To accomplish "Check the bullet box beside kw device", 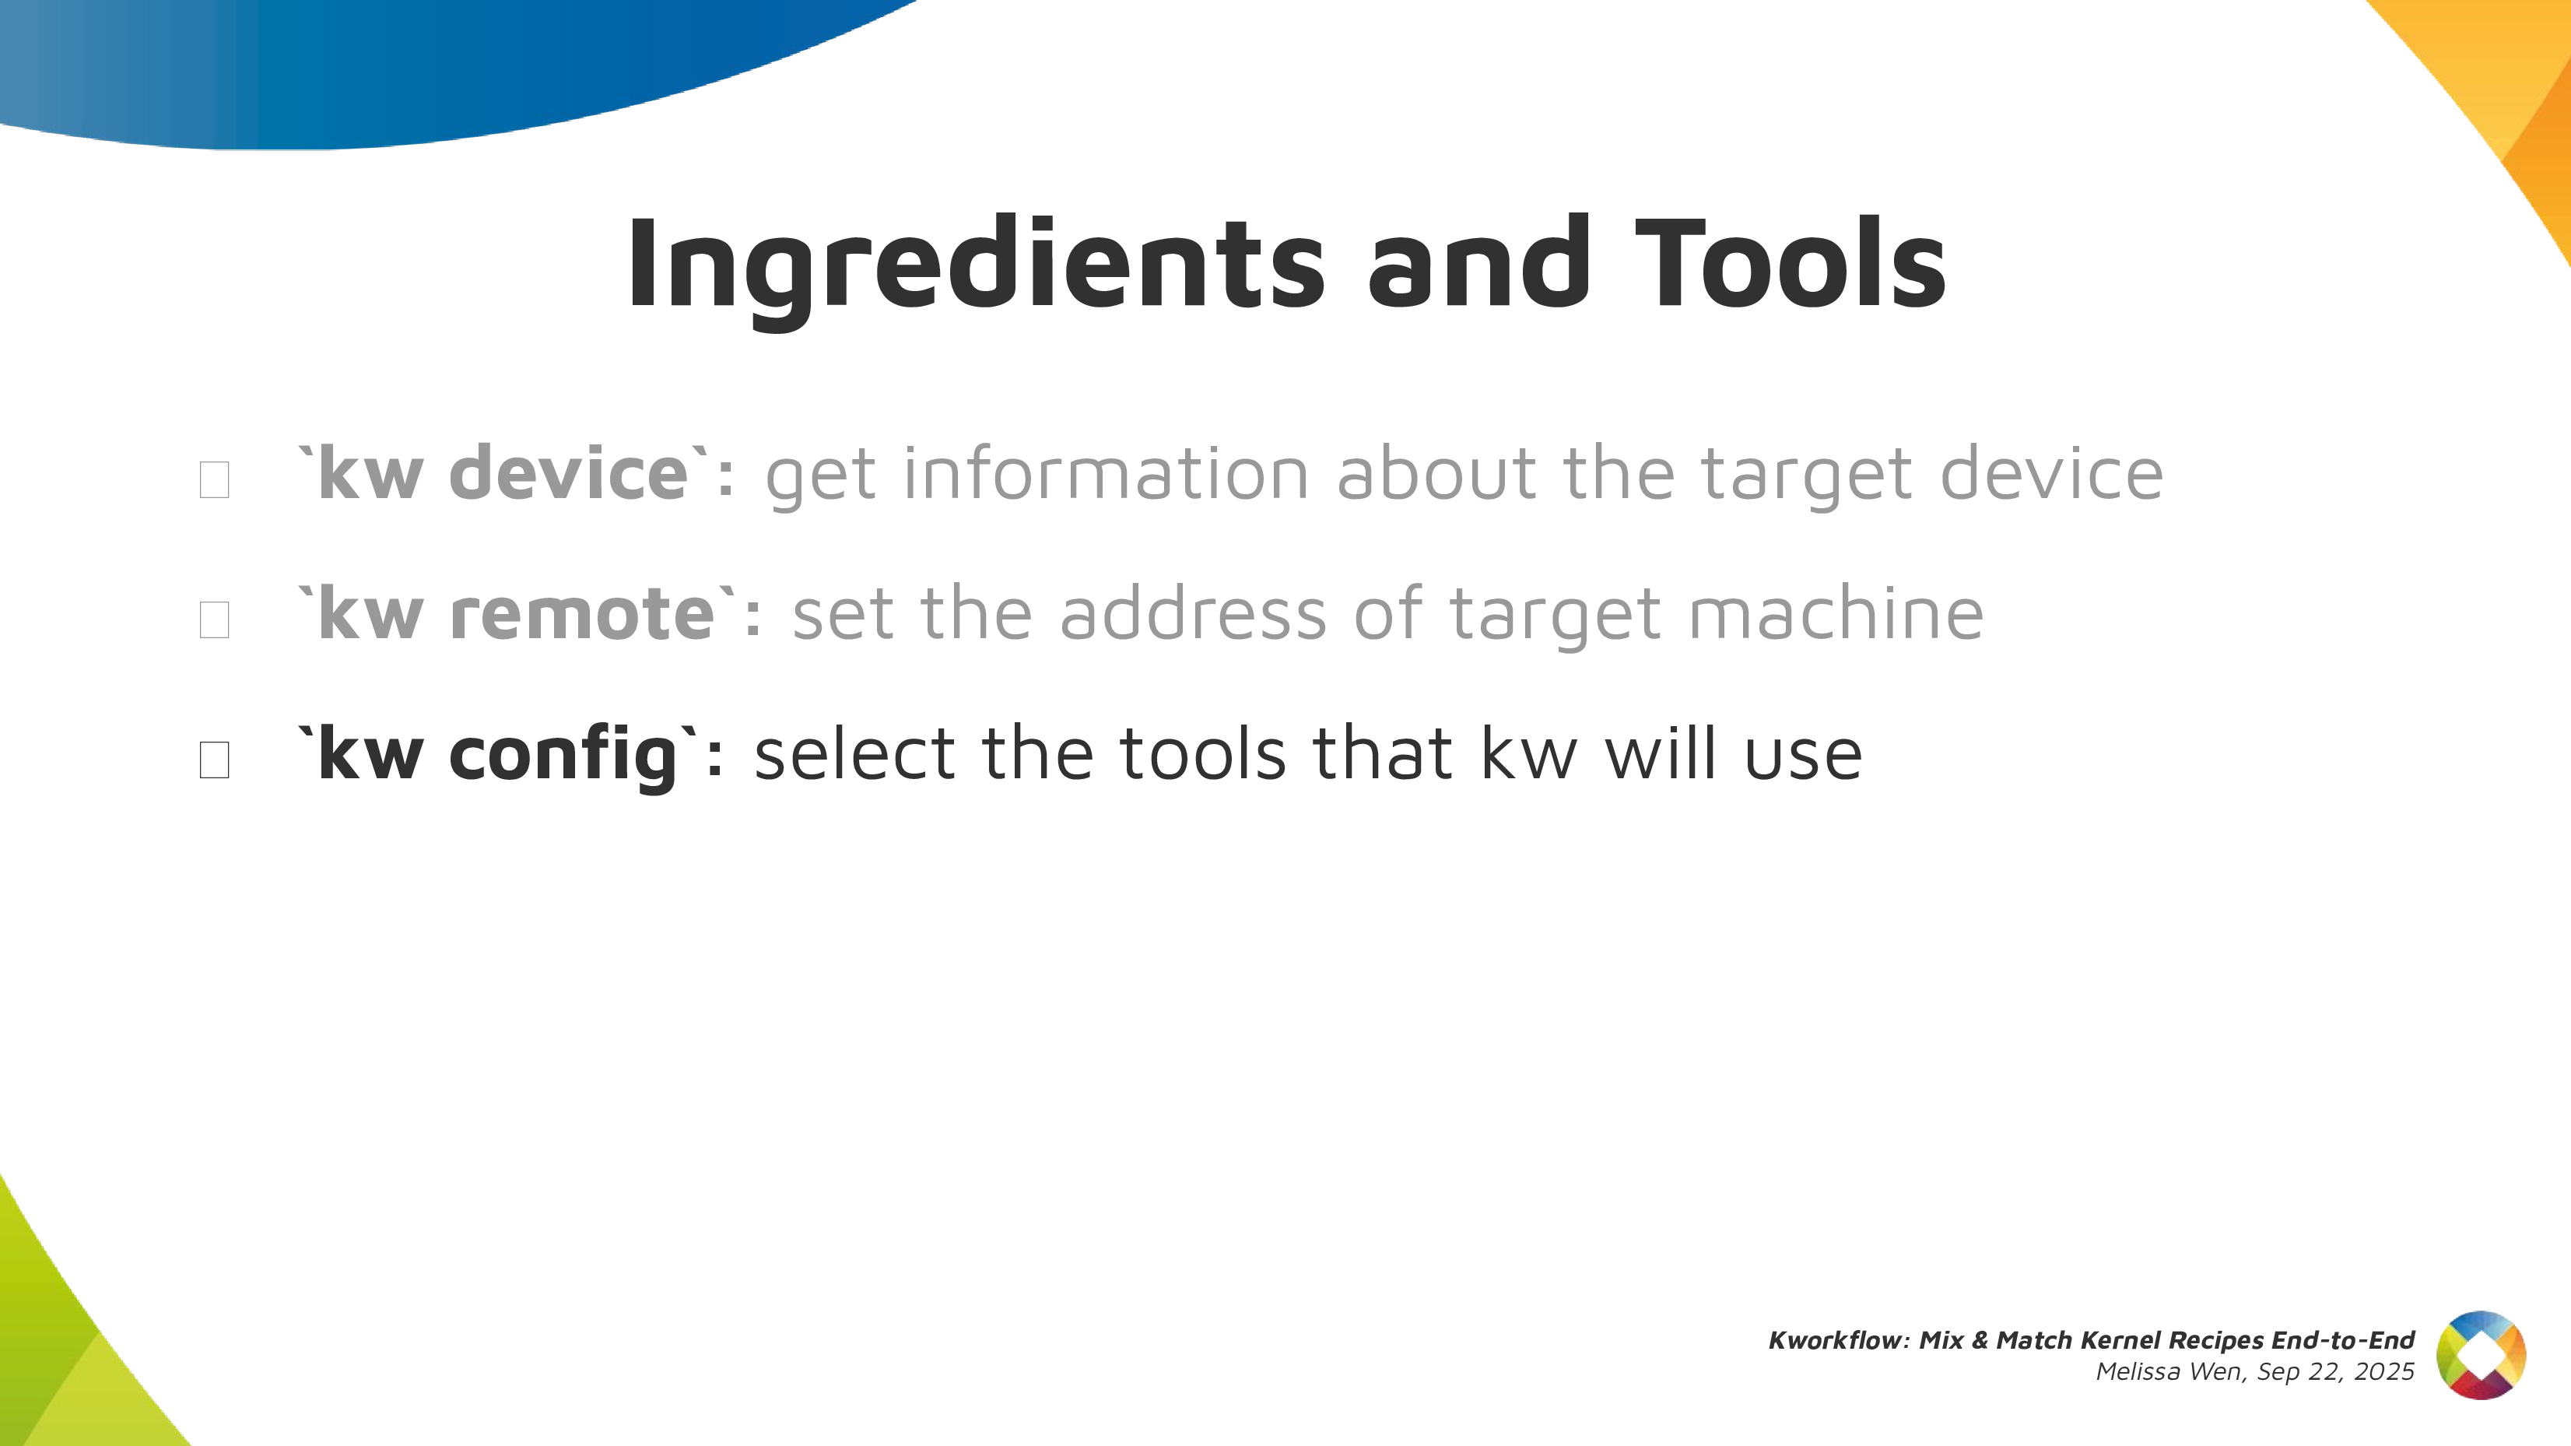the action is [215, 479].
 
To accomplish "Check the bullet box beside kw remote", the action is [215, 619].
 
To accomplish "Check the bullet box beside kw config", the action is [215, 760].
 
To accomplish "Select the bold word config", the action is [564, 754].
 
